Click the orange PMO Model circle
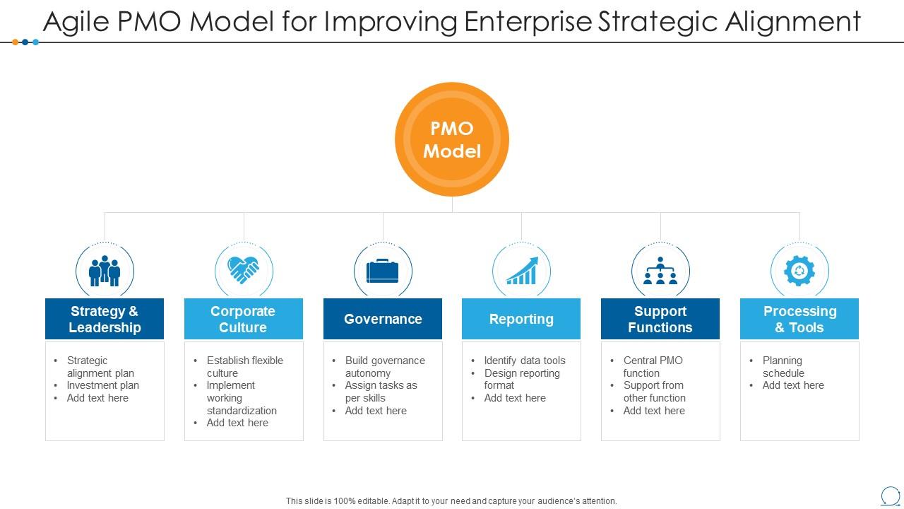452,139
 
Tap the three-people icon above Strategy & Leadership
105,271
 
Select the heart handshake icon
244,270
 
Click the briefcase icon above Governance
383,271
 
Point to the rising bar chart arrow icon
522,271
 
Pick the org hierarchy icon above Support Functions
660,271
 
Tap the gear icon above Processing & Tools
799,271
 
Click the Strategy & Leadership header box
105,319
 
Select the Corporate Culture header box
244,319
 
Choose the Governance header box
383,319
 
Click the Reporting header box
521,319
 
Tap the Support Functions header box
660,319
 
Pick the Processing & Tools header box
799,319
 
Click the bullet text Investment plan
103,385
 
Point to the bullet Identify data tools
525,361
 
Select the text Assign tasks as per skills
381,392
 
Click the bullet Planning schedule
783,366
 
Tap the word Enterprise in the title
528,22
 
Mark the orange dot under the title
16,42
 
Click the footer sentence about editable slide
451,501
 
